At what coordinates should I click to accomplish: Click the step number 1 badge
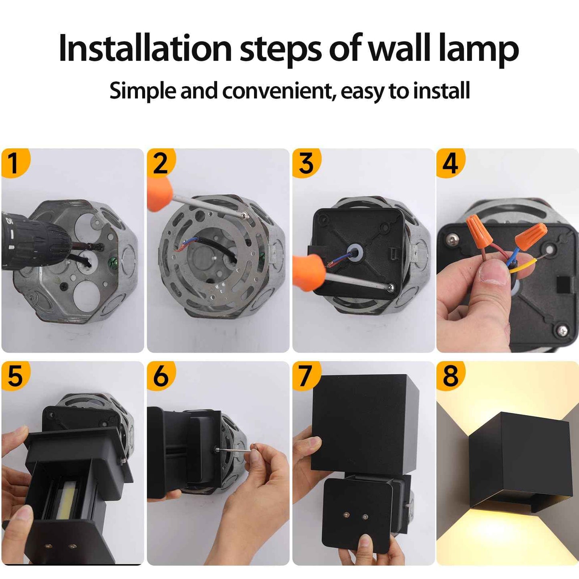(x=14, y=163)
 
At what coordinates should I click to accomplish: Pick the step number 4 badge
(x=450, y=163)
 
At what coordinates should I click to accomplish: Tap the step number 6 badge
(x=160, y=376)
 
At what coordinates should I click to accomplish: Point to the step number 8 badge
(x=450, y=376)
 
